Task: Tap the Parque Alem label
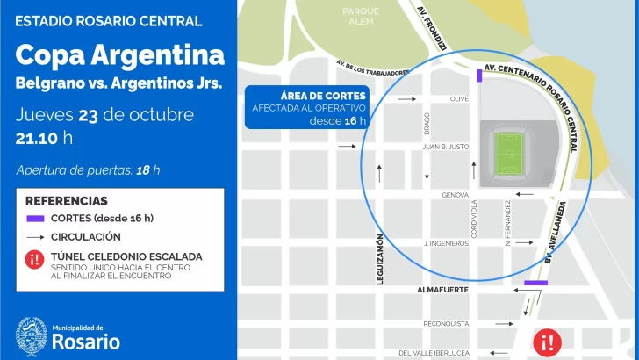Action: pyautogui.click(x=362, y=17)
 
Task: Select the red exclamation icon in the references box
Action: pyautogui.click(x=35, y=259)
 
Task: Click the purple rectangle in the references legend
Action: pyautogui.click(x=35, y=219)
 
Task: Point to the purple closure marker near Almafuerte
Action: pyautogui.click(x=535, y=282)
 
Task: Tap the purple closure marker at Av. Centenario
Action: pyautogui.click(x=479, y=76)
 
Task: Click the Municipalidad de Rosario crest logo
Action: pyautogui.click(x=32, y=335)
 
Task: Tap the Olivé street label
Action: pyautogui.click(x=459, y=99)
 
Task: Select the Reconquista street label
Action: pyautogui.click(x=446, y=323)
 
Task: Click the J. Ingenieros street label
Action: pyautogui.click(x=446, y=243)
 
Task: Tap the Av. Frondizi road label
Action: pyautogui.click(x=432, y=27)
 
